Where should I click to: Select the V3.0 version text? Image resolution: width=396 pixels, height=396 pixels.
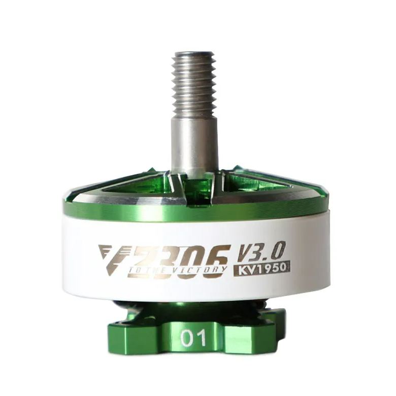point(261,250)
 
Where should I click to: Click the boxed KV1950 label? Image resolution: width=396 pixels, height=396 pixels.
point(261,268)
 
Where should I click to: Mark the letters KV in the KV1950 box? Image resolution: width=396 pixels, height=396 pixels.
point(245,268)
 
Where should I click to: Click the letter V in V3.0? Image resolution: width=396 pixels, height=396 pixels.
point(245,250)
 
